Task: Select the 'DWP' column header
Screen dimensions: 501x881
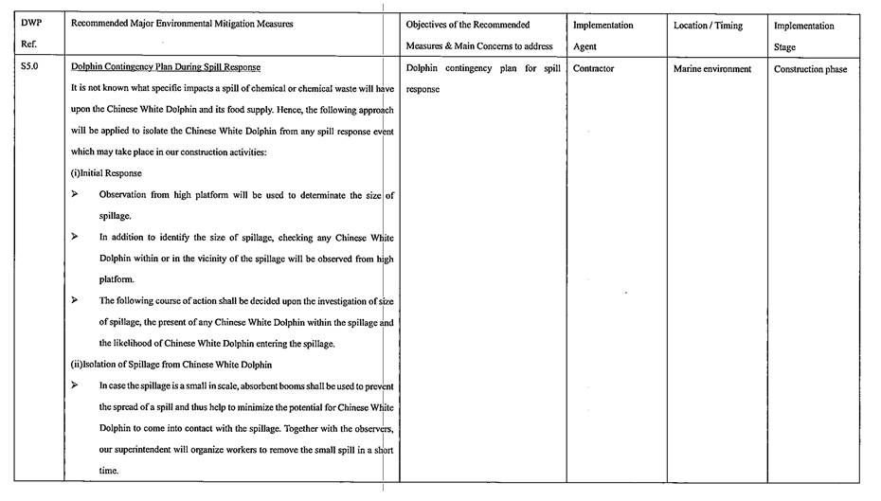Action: click(30, 25)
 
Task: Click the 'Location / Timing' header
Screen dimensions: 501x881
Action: click(708, 26)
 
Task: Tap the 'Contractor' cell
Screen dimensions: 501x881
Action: click(593, 68)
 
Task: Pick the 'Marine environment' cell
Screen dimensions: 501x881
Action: click(711, 68)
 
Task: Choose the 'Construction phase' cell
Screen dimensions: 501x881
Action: click(810, 69)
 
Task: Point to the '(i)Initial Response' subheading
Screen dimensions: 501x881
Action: click(106, 173)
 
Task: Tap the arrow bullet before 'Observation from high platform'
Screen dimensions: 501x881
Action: click(76, 194)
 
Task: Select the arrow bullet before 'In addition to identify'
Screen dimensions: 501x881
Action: click(76, 237)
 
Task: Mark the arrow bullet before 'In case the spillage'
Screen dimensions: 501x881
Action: click(76, 385)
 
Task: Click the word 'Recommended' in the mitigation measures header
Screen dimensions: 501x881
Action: click(102, 25)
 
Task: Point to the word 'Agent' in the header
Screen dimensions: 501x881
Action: click(585, 46)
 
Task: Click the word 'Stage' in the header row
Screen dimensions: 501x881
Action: click(784, 46)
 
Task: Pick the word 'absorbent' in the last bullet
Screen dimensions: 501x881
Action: click(254, 385)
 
